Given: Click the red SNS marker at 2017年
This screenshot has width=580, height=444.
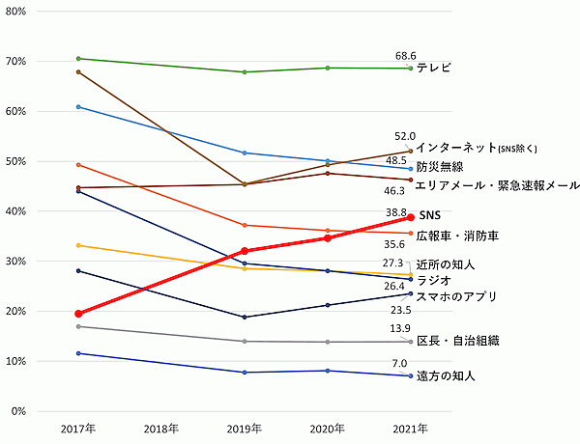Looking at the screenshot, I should [77, 314].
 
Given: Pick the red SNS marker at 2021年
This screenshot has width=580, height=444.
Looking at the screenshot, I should [411, 217].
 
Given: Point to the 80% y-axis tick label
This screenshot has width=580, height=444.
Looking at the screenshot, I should [16, 12].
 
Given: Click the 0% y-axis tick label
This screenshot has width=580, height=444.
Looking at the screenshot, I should [19, 411].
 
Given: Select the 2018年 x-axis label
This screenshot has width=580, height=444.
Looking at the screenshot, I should [161, 427].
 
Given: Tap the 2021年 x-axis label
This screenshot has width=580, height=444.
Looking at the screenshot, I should [411, 427].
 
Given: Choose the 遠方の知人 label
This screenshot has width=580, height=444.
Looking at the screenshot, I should [446, 375].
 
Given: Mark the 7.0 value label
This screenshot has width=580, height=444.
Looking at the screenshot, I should [399, 364].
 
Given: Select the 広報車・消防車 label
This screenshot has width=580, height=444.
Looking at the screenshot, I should [457, 236].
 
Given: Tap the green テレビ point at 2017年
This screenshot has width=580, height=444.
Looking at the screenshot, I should [77, 59].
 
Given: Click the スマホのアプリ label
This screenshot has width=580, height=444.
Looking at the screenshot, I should [458, 297].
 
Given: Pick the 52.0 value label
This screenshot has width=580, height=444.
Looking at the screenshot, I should [405, 137].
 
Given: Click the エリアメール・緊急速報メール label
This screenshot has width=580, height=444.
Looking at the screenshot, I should [497, 184].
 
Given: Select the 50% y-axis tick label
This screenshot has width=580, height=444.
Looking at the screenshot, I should [16, 161].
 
